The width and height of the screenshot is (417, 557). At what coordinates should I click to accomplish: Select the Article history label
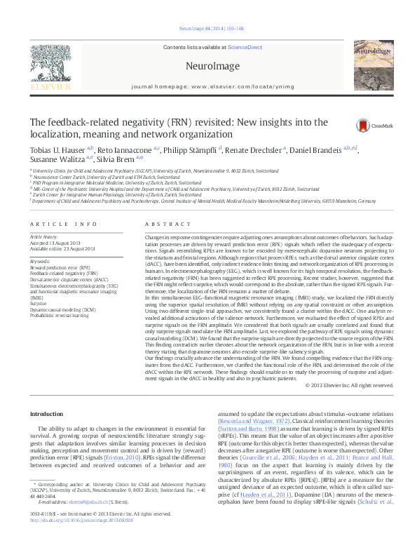tap(43, 237)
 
